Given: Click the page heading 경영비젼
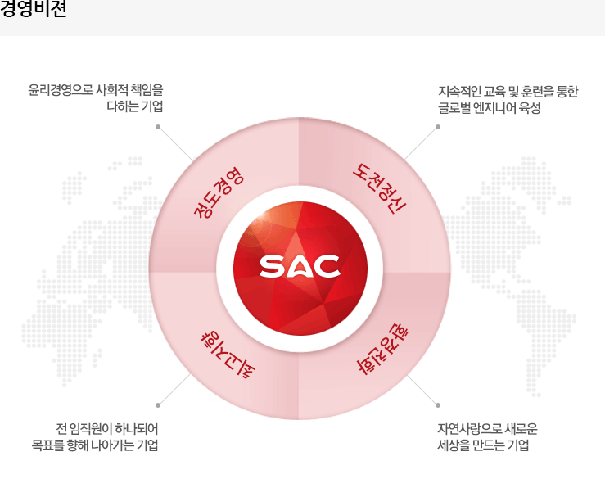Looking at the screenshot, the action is (34, 8).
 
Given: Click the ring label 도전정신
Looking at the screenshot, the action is (379, 188).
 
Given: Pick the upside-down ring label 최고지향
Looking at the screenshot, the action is (228, 355).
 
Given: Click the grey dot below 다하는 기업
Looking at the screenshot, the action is (158, 127).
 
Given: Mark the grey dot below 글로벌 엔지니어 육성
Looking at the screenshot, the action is (437, 127).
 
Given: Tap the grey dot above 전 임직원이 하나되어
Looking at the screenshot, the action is (158, 405).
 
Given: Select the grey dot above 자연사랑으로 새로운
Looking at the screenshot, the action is (437, 405).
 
